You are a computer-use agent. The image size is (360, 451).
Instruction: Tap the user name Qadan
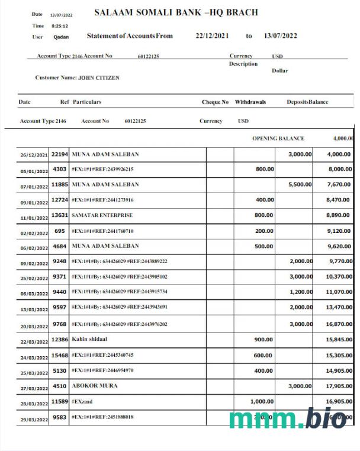tap(61, 37)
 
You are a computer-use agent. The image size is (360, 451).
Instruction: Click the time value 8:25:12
tap(59, 26)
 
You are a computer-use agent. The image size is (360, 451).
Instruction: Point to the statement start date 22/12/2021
tap(212, 36)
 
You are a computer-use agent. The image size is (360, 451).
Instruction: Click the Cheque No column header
tap(215, 102)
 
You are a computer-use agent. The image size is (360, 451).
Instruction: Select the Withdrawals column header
tap(250, 102)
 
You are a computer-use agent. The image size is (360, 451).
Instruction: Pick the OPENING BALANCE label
tap(278, 138)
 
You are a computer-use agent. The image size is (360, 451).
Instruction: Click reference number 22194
tap(59, 154)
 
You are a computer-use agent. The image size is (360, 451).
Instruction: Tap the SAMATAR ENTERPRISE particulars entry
tap(102, 215)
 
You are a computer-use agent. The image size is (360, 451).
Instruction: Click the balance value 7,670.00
tap(339, 184)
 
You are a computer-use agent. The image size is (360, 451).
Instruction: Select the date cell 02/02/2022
tap(34, 232)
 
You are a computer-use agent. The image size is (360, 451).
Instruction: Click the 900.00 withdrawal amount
tap(263, 339)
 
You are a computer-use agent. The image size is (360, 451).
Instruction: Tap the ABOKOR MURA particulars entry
tap(95, 385)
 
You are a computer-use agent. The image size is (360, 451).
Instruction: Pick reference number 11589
tap(59, 401)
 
